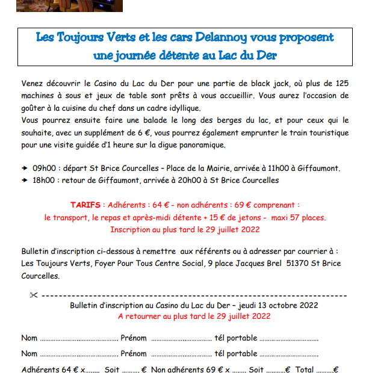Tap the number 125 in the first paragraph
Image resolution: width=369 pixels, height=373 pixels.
338,83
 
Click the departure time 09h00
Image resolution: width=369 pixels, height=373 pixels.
43,168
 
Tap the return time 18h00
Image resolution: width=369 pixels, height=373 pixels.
43,180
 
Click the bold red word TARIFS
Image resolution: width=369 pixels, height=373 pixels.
85,205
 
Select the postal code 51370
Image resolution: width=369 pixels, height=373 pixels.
299,264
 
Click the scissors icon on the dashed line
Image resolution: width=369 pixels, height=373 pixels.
33,295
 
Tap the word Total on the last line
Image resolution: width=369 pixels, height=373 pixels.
305,369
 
